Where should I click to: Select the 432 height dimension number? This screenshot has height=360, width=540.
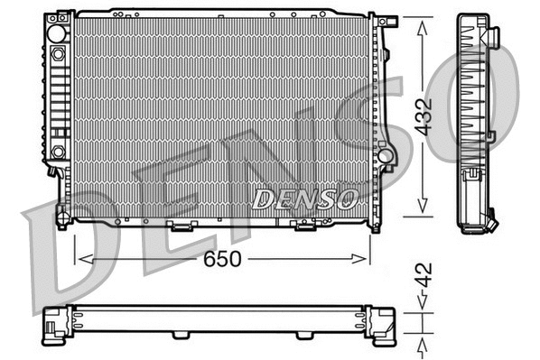pyautogui.click(x=424, y=115)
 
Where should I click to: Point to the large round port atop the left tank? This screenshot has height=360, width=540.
pyautogui.click(x=57, y=33)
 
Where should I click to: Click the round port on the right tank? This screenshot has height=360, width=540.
pyautogui.click(x=386, y=155)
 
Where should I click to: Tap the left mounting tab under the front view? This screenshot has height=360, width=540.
pyautogui.click(x=182, y=224)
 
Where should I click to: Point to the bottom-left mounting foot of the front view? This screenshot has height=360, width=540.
pyautogui.click(x=61, y=217)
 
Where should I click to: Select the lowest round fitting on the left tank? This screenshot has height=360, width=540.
pyautogui.click(x=58, y=152)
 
